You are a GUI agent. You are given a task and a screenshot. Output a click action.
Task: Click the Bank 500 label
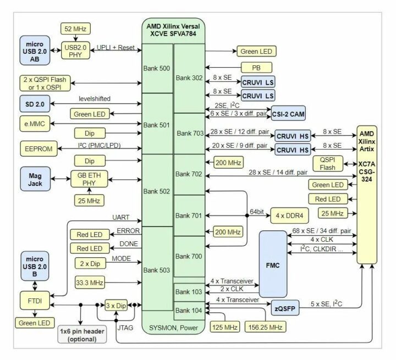coord(157,68)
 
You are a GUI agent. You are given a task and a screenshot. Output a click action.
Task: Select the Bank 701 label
coord(189,215)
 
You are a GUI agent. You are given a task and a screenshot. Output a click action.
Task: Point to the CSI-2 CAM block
coord(288,114)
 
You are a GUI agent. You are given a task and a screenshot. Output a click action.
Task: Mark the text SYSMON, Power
coord(173,328)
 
